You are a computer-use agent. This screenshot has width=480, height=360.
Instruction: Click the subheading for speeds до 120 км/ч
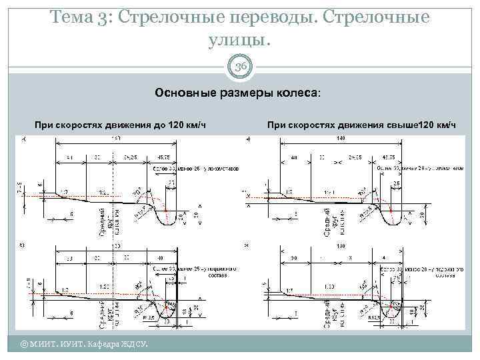coord(120,125)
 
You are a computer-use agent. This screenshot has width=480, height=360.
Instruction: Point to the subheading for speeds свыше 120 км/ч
coord(362,125)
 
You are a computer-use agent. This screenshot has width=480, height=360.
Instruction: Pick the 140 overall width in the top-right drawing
coord(341,138)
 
